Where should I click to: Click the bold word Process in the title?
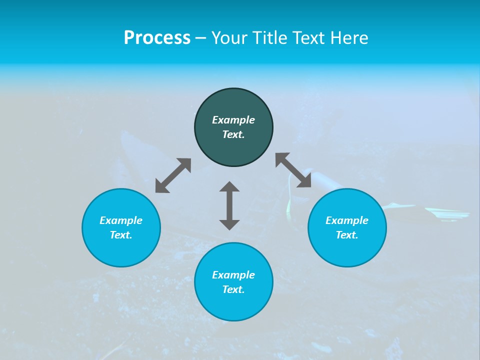coord(157,38)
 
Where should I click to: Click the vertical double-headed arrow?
coord(229,205)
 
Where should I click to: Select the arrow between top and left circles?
coord(173,175)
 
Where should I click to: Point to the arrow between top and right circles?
coord(293,170)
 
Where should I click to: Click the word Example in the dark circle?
coord(233,120)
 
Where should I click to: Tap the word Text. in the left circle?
coord(121,235)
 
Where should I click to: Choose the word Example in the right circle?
coord(347,220)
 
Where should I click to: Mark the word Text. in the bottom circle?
coord(233,289)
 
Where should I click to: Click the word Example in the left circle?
coord(121,220)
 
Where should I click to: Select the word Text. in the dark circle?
coord(233,134)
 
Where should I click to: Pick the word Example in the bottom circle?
coord(233,275)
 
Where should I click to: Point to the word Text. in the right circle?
coord(347,235)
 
